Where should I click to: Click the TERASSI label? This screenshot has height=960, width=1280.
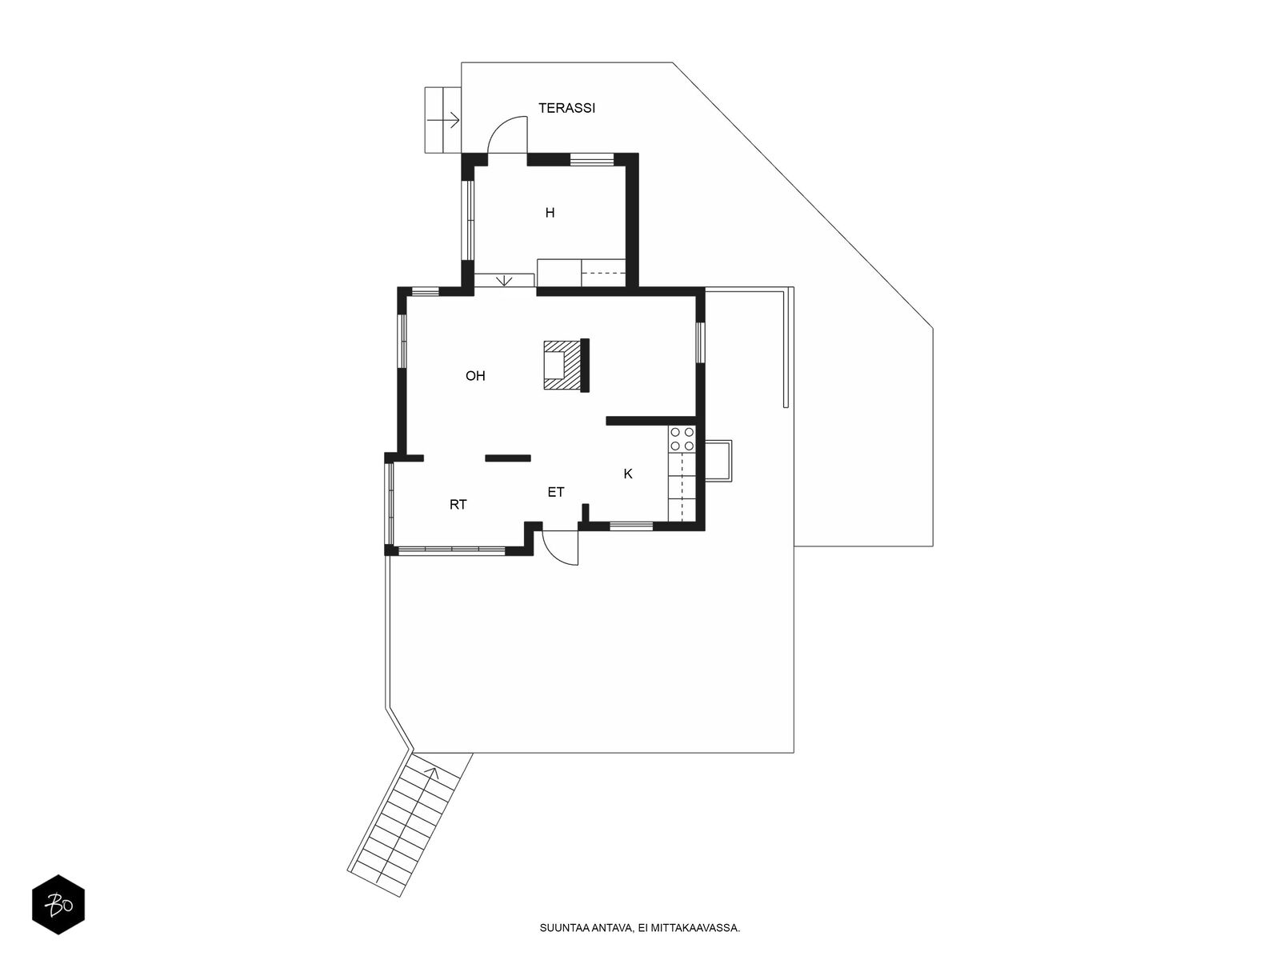point(566,109)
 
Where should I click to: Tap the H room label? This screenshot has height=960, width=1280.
point(550,214)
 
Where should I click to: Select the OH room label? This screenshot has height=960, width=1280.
point(475,376)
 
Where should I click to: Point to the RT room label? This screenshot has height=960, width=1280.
point(458,505)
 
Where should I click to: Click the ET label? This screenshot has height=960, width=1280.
point(556,493)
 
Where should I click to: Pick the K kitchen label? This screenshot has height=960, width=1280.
point(627,474)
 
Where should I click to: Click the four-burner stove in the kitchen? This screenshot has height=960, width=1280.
point(682,439)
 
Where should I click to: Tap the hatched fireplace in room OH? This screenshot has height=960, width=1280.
point(562,366)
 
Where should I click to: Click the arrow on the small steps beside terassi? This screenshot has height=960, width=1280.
point(443,120)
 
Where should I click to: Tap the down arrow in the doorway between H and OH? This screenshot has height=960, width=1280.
point(505,281)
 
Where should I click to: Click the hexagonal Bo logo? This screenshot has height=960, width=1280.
point(58,905)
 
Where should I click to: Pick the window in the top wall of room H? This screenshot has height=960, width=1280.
point(591,159)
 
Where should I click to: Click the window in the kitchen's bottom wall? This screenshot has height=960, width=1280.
point(631,526)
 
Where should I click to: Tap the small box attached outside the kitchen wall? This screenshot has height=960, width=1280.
point(718,461)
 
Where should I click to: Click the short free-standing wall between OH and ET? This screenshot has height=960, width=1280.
point(508,458)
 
